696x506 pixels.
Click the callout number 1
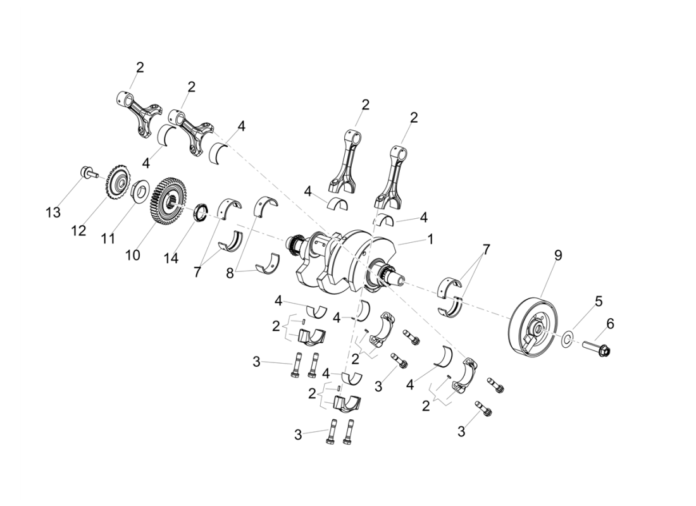pyautogui.click(x=430, y=240)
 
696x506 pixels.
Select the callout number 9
pyautogui.click(x=557, y=256)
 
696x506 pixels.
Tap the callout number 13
pyautogui.click(x=54, y=213)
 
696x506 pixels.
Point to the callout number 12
pyautogui.click(x=78, y=231)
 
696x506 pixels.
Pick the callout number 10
pyautogui.click(x=132, y=255)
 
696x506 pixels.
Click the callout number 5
pyautogui.click(x=598, y=301)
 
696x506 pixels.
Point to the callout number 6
pyautogui.click(x=610, y=324)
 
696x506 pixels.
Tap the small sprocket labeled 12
pyautogui.click(x=118, y=183)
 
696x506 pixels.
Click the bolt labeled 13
pyautogui.click(x=88, y=171)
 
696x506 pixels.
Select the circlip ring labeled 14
pyautogui.click(x=201, y=212)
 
